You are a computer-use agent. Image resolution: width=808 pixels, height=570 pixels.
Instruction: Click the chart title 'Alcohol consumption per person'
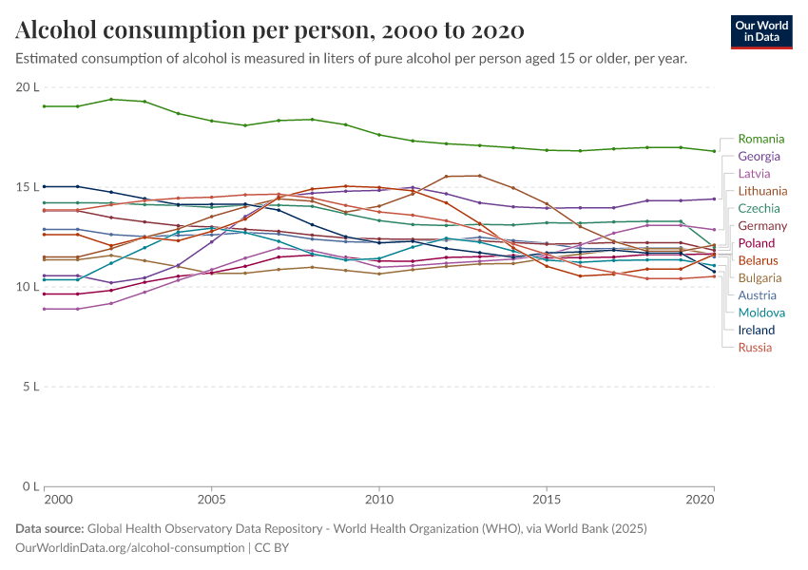click(x=270, y=30)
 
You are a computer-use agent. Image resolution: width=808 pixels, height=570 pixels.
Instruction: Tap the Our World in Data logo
click(x=761, y=31)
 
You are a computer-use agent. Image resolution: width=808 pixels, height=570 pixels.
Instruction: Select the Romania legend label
click(x=760, y=139)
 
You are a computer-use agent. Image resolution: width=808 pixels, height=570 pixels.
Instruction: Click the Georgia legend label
click(x=759, y=156)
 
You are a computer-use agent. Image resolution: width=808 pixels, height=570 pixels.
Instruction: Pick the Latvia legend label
click(x=754, y=174)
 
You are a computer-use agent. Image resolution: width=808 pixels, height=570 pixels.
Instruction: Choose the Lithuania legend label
click(x=762, y=191)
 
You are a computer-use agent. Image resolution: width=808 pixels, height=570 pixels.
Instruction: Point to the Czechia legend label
click(x=759, y=208)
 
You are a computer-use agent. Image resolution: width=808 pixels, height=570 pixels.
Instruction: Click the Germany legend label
click(x=762, y=226)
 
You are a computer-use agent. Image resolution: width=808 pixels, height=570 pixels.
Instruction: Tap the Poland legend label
click(x=757, y=243)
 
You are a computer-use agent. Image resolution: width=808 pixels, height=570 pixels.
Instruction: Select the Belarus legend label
click(x=759, y=260)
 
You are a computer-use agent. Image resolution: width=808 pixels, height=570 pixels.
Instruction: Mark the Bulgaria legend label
click(x=760, y=278)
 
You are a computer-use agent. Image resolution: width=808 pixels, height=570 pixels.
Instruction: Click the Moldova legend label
click(x=761, y=313)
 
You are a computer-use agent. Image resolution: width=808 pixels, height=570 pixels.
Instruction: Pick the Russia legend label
click(x=755, y=348)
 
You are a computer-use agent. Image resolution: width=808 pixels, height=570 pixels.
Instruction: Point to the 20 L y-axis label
click(x=27, y=87)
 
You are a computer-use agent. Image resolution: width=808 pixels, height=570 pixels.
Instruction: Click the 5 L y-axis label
click(x=29, y=387)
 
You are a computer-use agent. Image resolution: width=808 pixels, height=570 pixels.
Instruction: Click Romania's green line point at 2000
click(x=45, y=106)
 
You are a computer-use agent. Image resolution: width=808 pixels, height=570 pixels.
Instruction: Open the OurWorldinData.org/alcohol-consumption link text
click(x=129, y=548)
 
